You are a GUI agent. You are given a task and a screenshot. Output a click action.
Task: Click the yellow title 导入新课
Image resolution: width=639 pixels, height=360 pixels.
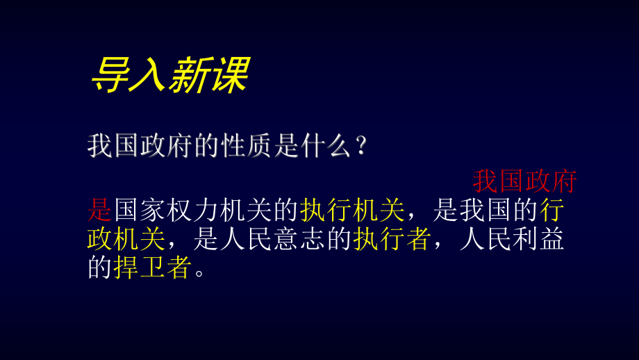pyautogui.click(x=169, y=75)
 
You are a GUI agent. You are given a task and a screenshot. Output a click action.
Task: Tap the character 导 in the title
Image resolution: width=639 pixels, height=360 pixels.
pyautogui.click(x=110, y=75)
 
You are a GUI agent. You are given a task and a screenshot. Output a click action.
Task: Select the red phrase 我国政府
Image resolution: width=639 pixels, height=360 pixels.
pyautogui.click(x=525, y=182)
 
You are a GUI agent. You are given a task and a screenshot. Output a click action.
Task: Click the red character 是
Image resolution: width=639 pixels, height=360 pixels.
pyautogui.click(x=100, y=209)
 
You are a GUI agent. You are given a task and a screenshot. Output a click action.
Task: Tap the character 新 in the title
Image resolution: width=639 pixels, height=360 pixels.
pyautogui.click(x=188, y=75)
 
